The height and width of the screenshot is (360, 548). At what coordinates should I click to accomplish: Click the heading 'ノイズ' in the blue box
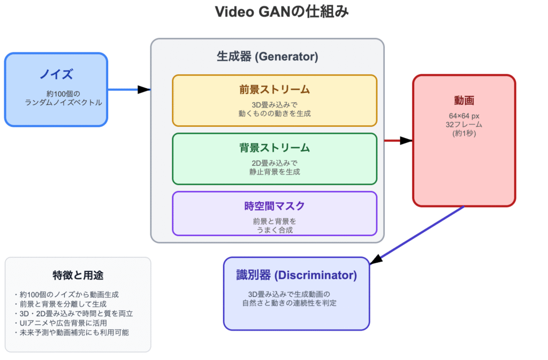pos(56,74)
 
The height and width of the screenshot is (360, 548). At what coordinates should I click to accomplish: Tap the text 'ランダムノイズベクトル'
pos(63,102)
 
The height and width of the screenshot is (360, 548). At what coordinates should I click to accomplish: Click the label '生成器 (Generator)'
pos(267,56)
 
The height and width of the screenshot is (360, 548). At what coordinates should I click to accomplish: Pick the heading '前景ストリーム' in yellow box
pos(275,89)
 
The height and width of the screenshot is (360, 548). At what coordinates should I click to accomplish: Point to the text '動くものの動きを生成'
pos(275,113)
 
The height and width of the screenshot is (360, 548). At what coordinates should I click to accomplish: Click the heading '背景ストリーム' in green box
pos(275,148)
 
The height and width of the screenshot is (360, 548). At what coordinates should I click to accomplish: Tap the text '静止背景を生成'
pos(275,172)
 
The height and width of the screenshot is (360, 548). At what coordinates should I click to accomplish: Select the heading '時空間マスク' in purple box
pos(275,206)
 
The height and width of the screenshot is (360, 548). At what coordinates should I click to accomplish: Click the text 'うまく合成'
pos(275,229)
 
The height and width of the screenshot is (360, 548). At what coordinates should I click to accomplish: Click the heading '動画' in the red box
pos(464,101)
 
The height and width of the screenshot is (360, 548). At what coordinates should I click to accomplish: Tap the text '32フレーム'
pos(464,124)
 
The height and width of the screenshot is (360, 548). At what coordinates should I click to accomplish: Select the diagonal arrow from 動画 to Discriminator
pos(417,234)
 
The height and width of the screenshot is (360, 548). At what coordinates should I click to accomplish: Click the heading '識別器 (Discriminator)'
pos(296,275)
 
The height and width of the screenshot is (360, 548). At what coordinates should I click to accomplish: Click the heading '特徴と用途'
pos(78,275)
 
